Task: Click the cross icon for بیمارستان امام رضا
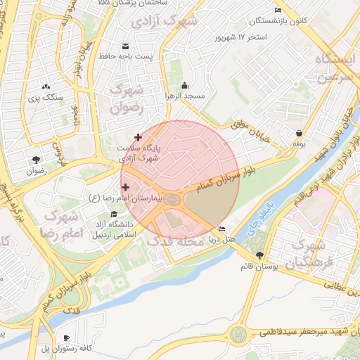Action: pyautogui.click(x=126, y=187)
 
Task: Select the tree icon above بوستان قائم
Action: pyautogui.click(x=260, y=255)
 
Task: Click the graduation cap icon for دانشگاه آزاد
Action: pyautogui.click(x=113, y=214)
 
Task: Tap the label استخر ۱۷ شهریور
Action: pyautogui.click(x=241, y=35)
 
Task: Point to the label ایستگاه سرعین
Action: pyautogui.click(x=333, y=67)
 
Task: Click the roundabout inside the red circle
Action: pyautogui.click(x=172, y=201)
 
